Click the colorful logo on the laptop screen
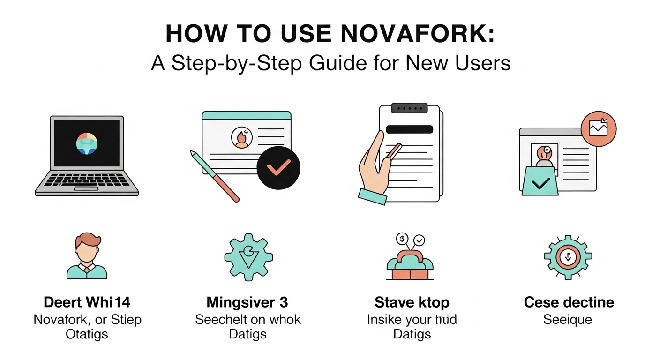86,142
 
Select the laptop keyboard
87,180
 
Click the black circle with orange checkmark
278,168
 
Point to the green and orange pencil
215,176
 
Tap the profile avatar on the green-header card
242,138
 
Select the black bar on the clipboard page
409,130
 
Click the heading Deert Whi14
87,302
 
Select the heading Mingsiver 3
247,302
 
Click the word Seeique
568,320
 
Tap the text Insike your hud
412,320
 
